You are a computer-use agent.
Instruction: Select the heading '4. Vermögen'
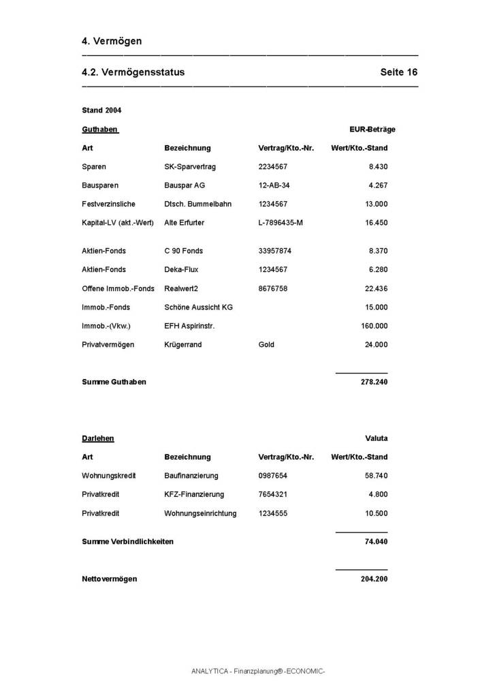point(112,41)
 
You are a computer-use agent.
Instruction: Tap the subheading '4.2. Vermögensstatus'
point(133,72)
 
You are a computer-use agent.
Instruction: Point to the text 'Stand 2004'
point(101,110)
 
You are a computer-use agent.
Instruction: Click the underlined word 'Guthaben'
point(100,129)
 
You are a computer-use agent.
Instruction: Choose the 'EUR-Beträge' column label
point(372,129)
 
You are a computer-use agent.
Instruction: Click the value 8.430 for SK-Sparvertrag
point(378,166)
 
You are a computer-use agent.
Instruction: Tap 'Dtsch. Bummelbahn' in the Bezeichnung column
point(197,204)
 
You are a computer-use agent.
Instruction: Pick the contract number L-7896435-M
point(281,223)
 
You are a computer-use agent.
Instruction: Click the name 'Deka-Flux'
point(181,269)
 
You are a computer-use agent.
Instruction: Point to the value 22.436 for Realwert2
point(376,288)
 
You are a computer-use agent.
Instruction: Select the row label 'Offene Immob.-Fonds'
point(118,288)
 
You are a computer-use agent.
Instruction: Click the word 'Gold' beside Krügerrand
point(266,344)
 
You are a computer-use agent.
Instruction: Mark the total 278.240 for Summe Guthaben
point(374,382)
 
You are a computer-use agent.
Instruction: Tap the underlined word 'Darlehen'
point(98,438)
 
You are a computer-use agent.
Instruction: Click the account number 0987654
point(273,476)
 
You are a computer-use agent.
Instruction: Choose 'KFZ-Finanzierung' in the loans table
point(193,494)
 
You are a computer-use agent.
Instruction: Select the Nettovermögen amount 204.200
point(374,579)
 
